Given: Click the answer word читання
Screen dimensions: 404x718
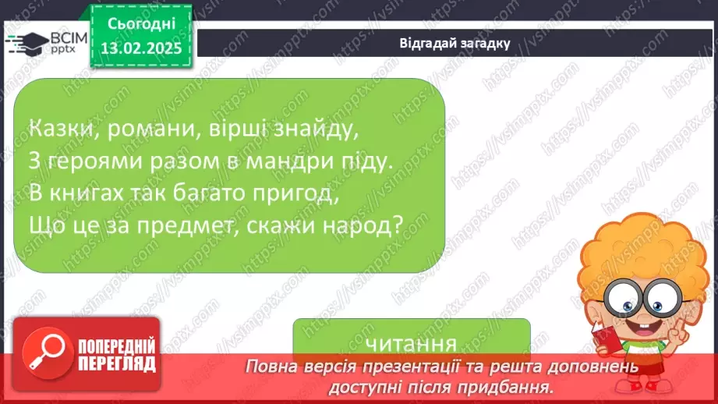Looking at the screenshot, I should pyautogui.click(x=411, y=344).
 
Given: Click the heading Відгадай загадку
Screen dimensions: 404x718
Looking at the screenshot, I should pyautogui.click(x=454, y=43).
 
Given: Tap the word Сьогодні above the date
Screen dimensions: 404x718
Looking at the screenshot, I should pyautogui.click(x=140, y=24).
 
